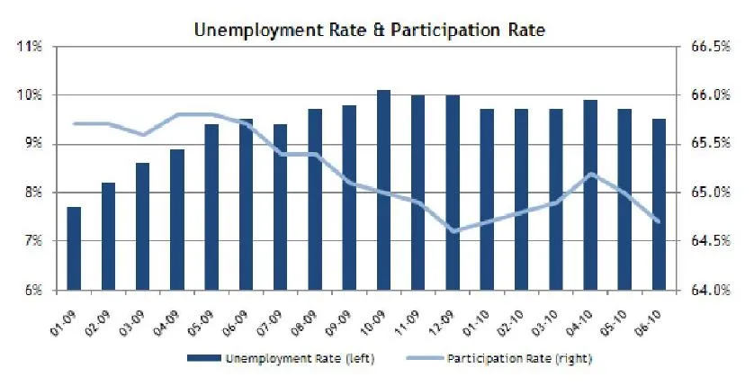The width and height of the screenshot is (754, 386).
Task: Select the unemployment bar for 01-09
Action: [x=74, y=248]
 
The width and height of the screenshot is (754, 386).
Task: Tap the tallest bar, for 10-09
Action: [x=383, y=190]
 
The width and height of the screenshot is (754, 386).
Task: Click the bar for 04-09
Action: [x=177, y=220]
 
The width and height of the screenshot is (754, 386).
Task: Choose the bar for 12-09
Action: [x=453, y=193]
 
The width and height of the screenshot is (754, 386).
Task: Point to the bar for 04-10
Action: [x=590, y=195]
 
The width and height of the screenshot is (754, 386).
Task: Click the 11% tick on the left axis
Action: [x=31, y=46]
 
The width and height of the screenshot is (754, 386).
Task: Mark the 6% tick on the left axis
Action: [x=31, y=290]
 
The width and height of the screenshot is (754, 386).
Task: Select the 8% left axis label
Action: [x=31, y=193]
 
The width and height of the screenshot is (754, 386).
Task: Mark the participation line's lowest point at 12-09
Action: [x=453, y=231]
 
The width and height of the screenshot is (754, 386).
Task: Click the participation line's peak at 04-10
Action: [x=590, y=174]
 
